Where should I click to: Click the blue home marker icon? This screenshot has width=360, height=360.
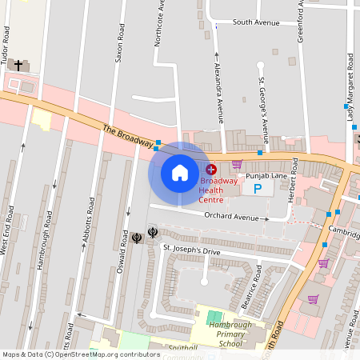(180, 173)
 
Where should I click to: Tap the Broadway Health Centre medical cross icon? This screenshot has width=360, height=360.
(211, 170)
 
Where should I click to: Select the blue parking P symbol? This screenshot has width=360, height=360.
(257, 190)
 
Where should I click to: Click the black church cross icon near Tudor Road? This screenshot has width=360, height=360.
(18, 64)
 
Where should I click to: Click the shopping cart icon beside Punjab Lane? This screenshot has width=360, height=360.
(236, 164)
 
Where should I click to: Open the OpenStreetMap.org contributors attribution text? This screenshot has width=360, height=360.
(107, 354)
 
